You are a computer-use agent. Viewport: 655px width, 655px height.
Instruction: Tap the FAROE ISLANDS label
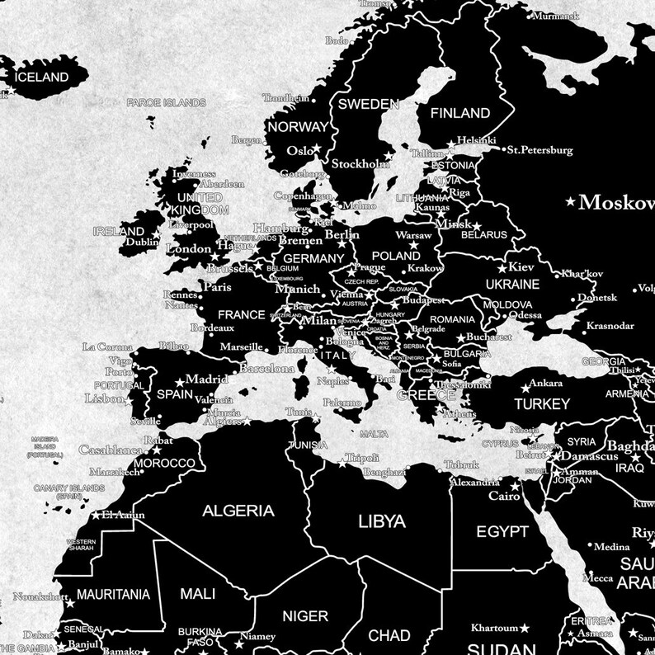click(165, 103)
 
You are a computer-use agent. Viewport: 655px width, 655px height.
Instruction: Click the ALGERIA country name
click(238, 511)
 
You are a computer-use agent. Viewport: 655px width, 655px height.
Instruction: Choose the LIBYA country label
click(381, 521)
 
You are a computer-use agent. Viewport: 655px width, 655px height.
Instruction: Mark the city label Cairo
click(503, 497)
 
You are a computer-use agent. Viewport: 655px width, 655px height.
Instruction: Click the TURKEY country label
click(541, 403)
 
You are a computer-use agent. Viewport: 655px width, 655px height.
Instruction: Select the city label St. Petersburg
click(540, 150)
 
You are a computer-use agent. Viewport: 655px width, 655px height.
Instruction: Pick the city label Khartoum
click(493, 628)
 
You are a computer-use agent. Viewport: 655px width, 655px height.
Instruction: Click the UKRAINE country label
click(512, 284)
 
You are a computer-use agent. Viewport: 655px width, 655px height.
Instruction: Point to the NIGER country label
click(305, 615)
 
